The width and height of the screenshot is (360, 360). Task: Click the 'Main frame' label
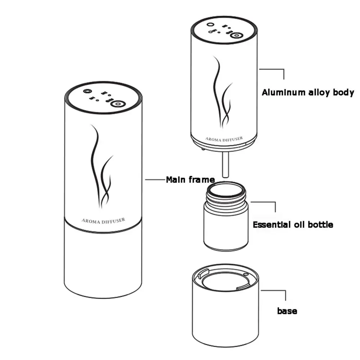tap(190, 179)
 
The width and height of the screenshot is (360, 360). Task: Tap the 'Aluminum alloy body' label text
tap(308, 92)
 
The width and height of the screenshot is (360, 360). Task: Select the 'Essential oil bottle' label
tap(293, 225)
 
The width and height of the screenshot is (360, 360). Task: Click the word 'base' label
tap(287, 311)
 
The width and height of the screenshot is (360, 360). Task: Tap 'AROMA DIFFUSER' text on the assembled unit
tap(104, 220)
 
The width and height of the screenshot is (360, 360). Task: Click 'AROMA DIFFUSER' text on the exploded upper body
tap(224, 138)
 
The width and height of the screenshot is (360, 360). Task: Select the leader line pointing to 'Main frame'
tap(155, 179)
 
